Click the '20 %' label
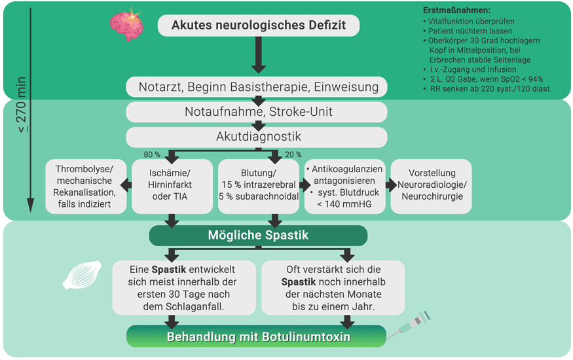click(293, 155)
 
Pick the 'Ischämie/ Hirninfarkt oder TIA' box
click(172, 187)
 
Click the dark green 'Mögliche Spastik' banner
click(258, 235)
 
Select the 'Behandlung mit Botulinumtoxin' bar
click(258, 337)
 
